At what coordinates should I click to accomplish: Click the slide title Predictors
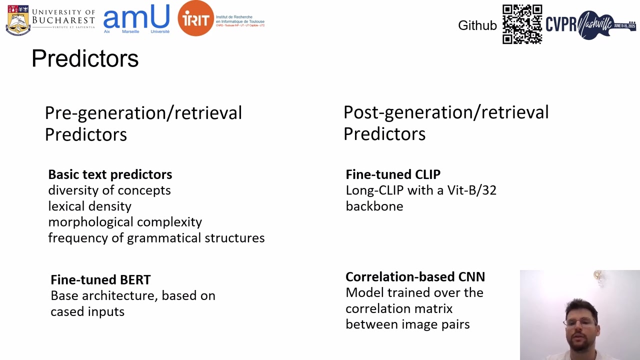(x=85, y=58)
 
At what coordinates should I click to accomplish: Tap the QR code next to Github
(x=522, y=24)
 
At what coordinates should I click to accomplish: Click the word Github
(x=477, y=25)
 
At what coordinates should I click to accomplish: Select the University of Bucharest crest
(x=18, y=20)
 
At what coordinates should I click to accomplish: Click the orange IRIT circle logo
(x=195, y=18)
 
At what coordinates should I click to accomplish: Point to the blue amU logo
(x=136, y=18)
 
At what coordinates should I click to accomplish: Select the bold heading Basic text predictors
(x=110, y=174)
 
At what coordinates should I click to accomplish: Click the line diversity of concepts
(x=109, y=190)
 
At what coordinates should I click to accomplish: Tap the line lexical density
(x=90, y=206)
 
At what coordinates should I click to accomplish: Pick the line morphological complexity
(x=125, y=222)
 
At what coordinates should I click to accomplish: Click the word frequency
(x=78, y=238)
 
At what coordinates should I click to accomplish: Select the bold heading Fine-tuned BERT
(x=100, y=280)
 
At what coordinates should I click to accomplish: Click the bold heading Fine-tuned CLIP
(x=393, y=174)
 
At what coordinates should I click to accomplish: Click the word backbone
(x=374, y=206)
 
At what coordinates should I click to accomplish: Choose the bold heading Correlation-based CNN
(x=415, y=277)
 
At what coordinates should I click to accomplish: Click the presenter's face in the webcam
(x=581, y=321)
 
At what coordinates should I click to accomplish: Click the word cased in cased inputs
(x=66, y=311)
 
